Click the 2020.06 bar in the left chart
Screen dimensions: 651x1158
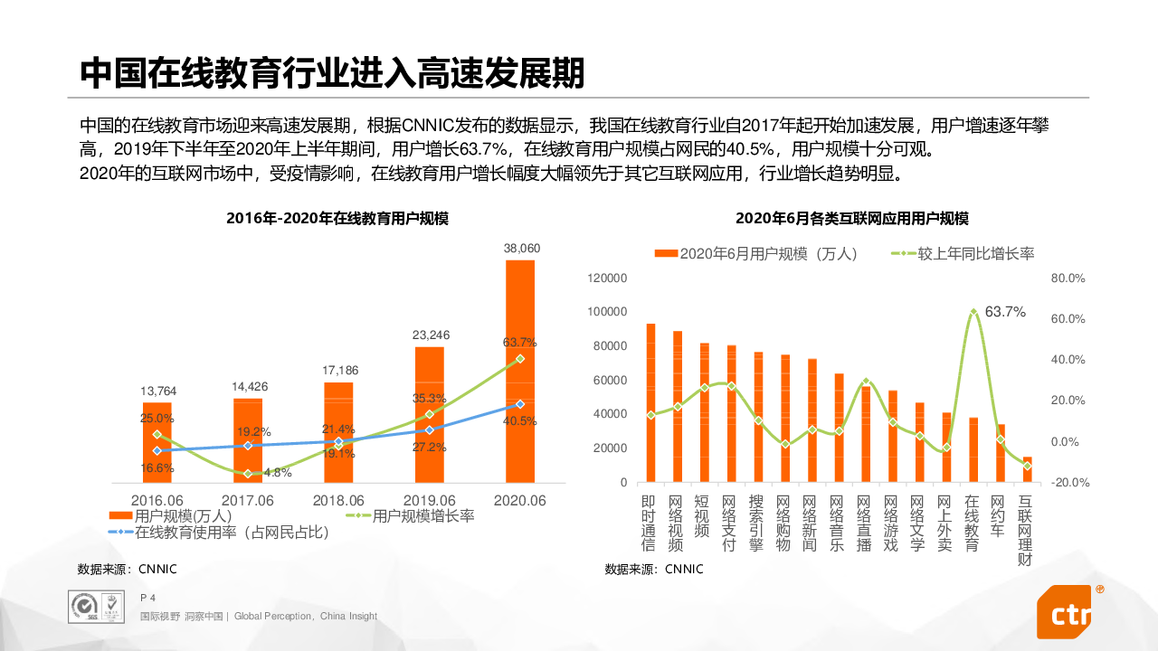point(520,371)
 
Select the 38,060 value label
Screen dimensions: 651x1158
point(520,248)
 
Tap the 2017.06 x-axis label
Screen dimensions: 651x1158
point(249,500)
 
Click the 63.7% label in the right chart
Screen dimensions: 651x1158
point(1005,312)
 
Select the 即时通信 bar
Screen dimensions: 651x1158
point(650,402)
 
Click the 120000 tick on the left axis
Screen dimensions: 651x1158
point(607,278)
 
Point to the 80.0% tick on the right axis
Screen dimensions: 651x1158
point(1068,278)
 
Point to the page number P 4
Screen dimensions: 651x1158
point(148,598)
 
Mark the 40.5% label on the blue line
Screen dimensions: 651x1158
point(520,420)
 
